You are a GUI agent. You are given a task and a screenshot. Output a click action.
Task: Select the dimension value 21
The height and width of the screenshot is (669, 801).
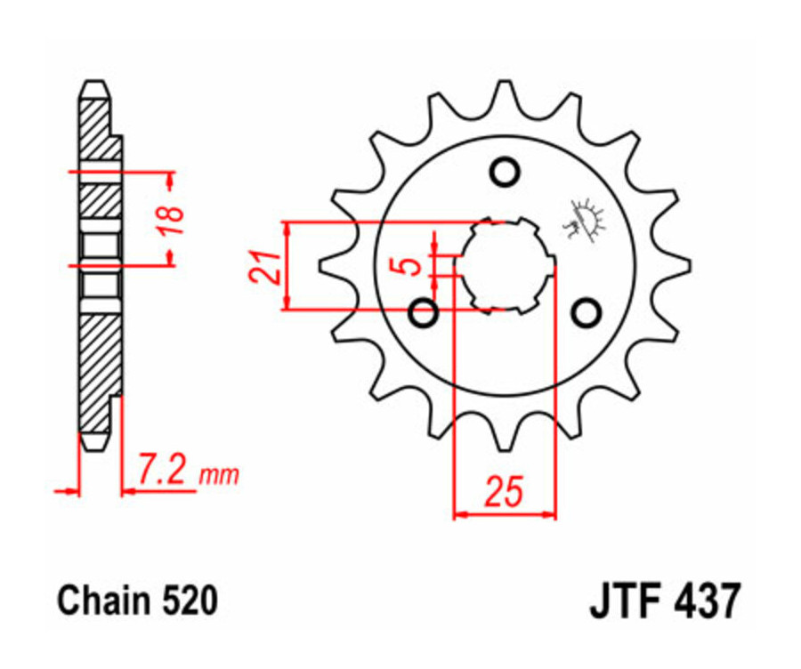(263, 265)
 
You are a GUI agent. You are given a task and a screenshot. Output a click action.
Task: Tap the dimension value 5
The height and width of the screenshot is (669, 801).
(410, 265)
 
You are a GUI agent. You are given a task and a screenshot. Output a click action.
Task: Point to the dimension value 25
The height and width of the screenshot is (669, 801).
(504, 492)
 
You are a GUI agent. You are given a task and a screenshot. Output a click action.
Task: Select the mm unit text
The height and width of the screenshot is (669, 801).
(219, 475)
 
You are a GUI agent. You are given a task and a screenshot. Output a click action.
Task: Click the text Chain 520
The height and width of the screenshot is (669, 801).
(137, 601)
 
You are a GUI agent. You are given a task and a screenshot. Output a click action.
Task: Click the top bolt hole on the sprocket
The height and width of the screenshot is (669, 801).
(505, 171)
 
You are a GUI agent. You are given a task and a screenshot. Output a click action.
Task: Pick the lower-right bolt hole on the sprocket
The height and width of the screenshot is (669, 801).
(586, 312)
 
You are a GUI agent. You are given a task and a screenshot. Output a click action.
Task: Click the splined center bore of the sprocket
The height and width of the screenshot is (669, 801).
(505, 264)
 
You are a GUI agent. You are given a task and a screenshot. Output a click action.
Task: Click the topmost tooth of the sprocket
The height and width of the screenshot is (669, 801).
(505, 93)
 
